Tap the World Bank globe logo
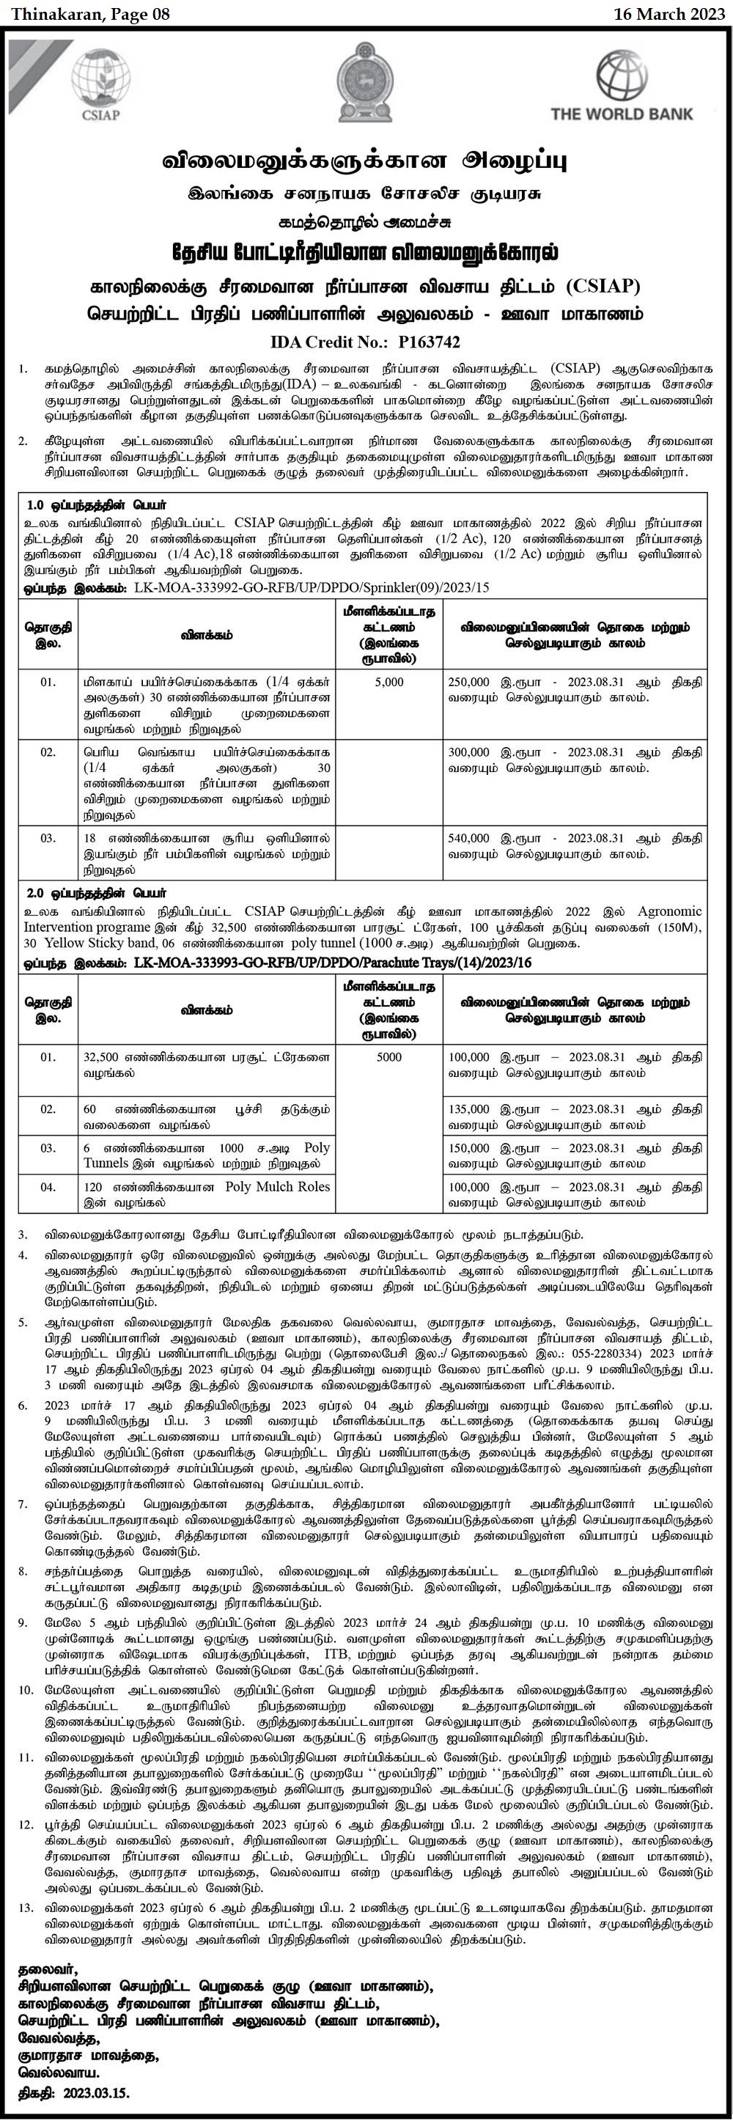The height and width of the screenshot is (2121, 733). coord(622,75)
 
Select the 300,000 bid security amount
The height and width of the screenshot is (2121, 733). coord(468,752)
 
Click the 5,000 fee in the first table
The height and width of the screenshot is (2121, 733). coord(388,683)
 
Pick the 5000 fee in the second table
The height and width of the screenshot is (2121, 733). coord(388,1057)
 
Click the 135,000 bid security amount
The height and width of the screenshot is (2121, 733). coord(468,1110)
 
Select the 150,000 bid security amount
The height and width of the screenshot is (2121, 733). coord(468,1148)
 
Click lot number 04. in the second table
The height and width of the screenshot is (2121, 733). coord(48,1186)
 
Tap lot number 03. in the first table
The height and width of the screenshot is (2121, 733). coord(48,838)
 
